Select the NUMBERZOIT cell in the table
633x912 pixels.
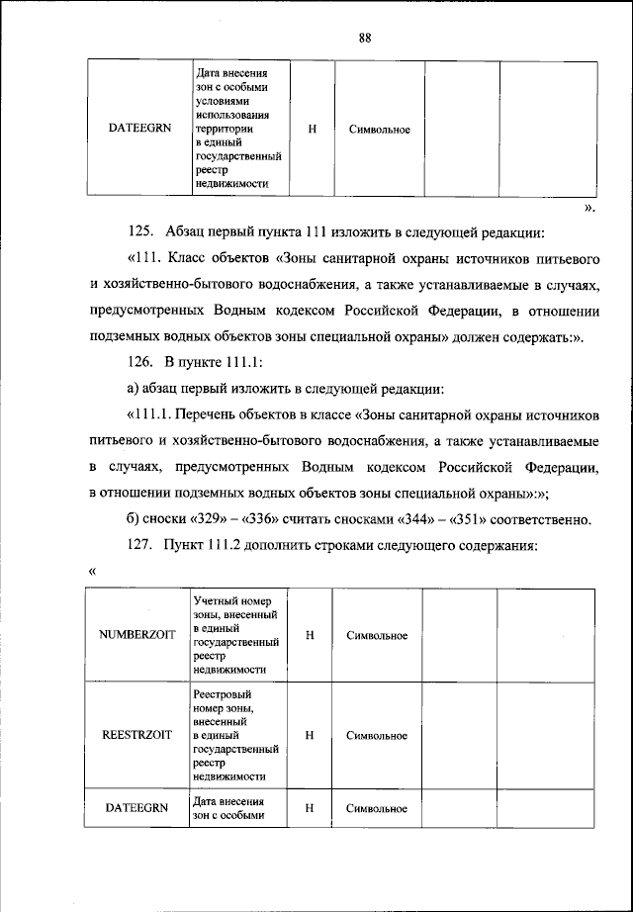point(136,635)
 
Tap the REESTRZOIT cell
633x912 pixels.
point(136,736)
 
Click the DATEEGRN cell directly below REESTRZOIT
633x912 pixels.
point(136,808)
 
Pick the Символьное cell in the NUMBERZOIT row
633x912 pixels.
point(377,635)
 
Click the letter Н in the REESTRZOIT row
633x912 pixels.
point(310,736)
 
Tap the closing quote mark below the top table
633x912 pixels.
point(588,210)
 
